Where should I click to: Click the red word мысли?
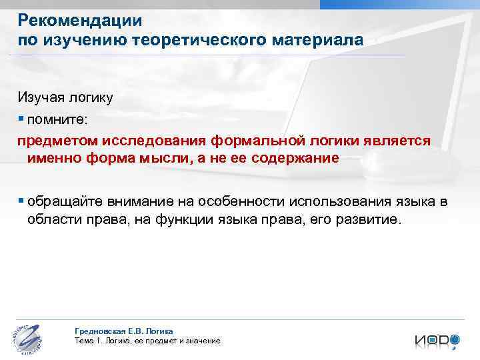pyautogui.click(x=179, y=159)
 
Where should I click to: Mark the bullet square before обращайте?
pyautogui.click(x=21, y=201)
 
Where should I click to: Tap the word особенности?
pyautogui.click(x=235, y=202)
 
